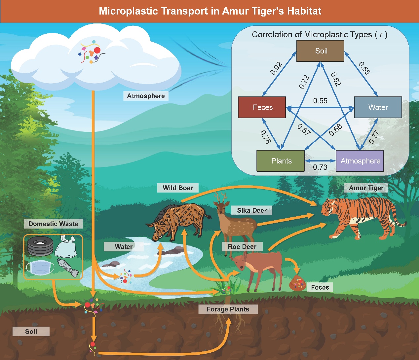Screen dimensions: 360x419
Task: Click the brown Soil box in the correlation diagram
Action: [320, 51]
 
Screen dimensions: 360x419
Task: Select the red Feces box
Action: [262, 107]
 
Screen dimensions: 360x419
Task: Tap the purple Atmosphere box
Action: [360, 161]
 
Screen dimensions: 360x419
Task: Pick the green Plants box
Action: [281, 161]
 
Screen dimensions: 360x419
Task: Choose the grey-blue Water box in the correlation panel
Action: [378, 107]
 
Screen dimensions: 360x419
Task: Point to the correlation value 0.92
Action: [276, 68]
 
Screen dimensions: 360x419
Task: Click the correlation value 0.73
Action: [320, 167]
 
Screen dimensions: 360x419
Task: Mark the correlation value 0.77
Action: [374, 137]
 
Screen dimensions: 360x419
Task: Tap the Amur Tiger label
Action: [366, 188]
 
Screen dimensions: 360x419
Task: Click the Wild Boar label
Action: [178, 188]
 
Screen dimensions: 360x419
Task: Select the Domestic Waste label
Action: [53, 224]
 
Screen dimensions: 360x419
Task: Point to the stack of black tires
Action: [40, 246]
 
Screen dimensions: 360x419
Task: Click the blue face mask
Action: [40, 267]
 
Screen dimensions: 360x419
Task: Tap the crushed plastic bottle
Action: [68, 268]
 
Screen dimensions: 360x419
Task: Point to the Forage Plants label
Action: [228, 309]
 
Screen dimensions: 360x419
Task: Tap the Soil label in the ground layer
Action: [31, 332]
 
